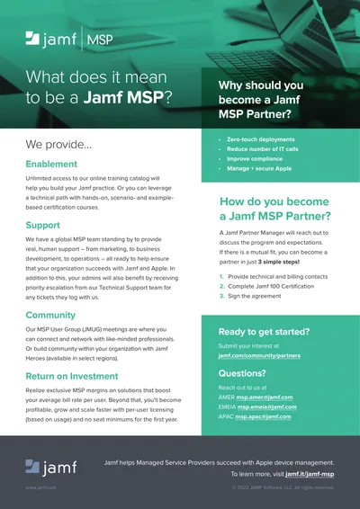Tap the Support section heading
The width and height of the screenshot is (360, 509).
[43, 225]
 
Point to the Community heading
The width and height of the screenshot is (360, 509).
[50, 315]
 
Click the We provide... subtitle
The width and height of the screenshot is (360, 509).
[58, 144]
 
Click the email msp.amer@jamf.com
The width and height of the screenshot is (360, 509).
[266, 397]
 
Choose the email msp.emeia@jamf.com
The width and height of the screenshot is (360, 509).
[267, 406]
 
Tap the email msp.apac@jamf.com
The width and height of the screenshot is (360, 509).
[265, 416]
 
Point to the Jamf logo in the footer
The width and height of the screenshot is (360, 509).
[52, 466]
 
